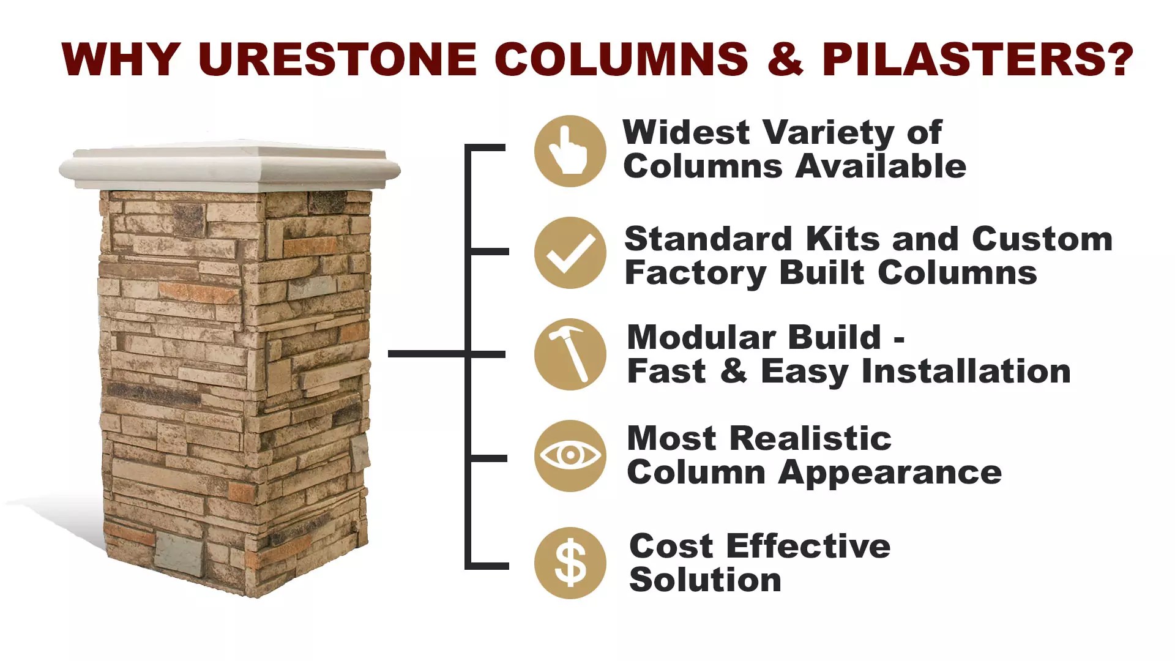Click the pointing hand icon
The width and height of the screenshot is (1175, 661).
pyautogui.click(x=570, y=151)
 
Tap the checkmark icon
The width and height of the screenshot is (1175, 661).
pyautogui.click(x=570, y=253)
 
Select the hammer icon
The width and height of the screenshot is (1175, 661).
pyautogui.click(x=570, y=354)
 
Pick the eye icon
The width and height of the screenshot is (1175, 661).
pyautogui.click(x=570, y=456)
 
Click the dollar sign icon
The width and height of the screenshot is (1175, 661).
pyautogui.click(x=570, y=563)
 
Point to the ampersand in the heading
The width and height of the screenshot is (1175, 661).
pyautogui.click(x=785, y=59)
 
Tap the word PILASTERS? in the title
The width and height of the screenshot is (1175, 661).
pyautogui.click(x=977, y=59)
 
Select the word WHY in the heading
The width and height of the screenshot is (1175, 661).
pyautogui.click(x=121, y=59)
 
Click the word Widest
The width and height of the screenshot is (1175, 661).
pyautogui.click(x=686, y=133)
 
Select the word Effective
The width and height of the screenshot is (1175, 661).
pyautogui.click(x=808, y=546)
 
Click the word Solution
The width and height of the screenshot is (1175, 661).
pyautogui.click(x=705, y=580)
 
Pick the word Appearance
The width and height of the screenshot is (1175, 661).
pyautogui.click(x=890, y=473)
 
